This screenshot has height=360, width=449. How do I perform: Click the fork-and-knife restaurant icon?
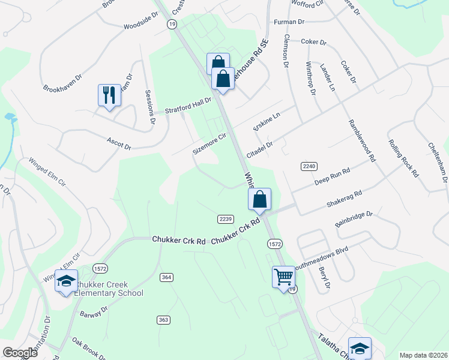pos(109,95)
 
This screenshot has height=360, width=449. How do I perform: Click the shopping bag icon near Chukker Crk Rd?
pos(259,200)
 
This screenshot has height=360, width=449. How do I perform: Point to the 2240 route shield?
pos(308,165)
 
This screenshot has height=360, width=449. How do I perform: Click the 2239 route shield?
pos(226,218)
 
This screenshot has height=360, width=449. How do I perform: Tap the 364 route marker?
pos(167,277)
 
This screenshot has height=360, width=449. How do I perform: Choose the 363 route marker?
pos(163,320)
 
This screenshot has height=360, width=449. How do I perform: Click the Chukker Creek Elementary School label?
pos(109,289)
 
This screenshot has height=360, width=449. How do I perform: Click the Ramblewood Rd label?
pos(361,141)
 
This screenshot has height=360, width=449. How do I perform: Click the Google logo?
pos(20,352)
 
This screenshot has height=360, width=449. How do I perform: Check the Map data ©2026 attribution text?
pos(423,355)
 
